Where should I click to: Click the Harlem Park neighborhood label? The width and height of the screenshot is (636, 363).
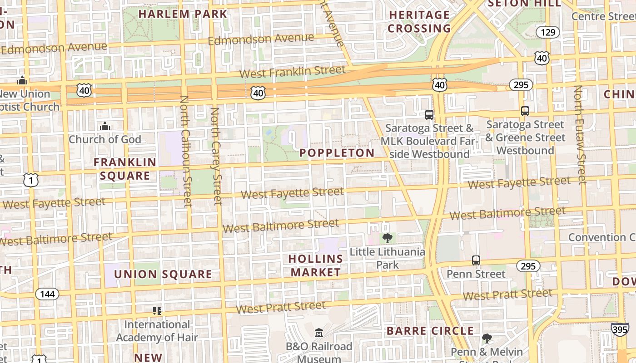(x=183, y=14)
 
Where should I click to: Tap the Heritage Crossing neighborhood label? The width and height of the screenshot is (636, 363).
(x=419, y=21)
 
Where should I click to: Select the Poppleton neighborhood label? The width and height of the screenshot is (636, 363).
(x=337, y=153)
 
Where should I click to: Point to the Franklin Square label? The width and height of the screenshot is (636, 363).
(x=125, y=169)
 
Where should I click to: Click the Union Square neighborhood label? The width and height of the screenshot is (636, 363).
(x=163, y=274)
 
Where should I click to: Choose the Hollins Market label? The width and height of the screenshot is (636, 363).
(x=316, y=265)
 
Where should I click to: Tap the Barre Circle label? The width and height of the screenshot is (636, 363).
(x=430, y=331)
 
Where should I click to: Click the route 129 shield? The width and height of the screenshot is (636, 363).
(x=547, y=32)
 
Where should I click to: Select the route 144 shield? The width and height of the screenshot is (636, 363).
(x=47, y=294)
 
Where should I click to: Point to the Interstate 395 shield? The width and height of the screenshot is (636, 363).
(x=620, y=329)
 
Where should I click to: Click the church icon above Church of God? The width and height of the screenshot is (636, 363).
(x=105, y=126)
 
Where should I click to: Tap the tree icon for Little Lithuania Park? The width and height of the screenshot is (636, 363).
(x=388, y=238)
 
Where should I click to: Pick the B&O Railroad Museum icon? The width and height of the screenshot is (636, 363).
(x=319, y=333)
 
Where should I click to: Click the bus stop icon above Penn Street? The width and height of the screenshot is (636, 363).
(x=476, y=260)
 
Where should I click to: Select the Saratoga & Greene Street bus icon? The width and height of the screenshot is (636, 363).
(x=525, y=111)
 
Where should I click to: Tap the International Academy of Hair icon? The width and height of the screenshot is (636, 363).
(x=157, y=310)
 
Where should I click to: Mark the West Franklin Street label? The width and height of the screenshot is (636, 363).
(x=292, y=72)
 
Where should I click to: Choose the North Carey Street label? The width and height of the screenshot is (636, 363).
(x=216, y=156)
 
